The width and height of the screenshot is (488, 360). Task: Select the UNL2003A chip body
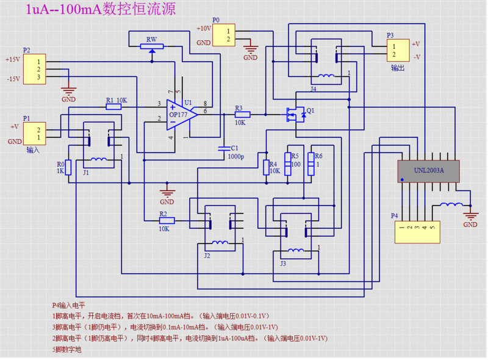pyautogui.click(x=429, y=170)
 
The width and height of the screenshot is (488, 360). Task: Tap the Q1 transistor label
pyautogui.click(x=310, y=111)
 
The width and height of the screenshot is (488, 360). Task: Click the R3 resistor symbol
pyautogui.click(x=242, y=114)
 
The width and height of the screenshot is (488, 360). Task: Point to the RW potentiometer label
pyautogui.click(x=151, y=40)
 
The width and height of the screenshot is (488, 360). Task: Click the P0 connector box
pyautogui.click(x=224, y=35)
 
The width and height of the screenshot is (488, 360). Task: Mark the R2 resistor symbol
pyautogui.click(x=167, y=220)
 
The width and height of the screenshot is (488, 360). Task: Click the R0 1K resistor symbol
pyautogui.click(x=69, y=167)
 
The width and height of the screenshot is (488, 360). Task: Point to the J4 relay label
pyautogui.click(x=313, y=89)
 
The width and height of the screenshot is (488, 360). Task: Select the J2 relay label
pyautogui.click(x=207, y=256)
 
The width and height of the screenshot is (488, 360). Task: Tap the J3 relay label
pyautogui.click(x=282, y=264)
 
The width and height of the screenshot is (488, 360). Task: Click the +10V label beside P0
pyautogui.click(x=204, y=28)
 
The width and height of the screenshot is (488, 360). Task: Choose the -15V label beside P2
pyautogui.click(x=13, y=79)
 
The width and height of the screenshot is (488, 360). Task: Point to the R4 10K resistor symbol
pyautogui.click(x=266, y=167)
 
